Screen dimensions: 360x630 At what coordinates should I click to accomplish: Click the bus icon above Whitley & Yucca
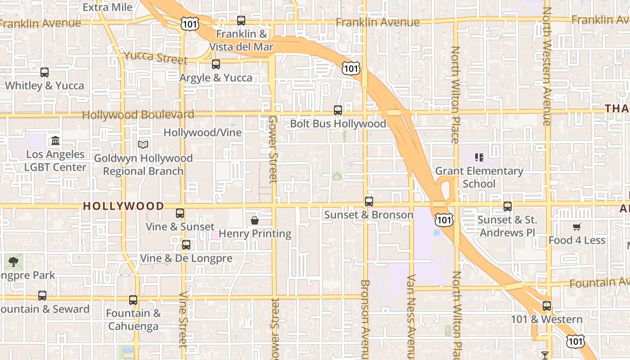click(x=44, y=72)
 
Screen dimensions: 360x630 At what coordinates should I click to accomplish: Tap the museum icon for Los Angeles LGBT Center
click(x=55, y=141)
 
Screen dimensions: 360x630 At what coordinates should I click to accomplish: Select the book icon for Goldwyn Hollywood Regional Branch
click(x=143, y=144)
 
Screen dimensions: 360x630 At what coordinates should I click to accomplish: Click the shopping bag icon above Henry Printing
click(x=255, y=220)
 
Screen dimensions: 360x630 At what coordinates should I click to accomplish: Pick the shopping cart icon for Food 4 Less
click(x=576, y=227)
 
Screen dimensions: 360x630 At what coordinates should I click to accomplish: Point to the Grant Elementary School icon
click(x=479, y=157)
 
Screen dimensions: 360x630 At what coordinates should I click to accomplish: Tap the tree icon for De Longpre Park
click(x=13, y=261)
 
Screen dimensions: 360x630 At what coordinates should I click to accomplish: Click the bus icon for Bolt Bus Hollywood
click(x=337, y=110)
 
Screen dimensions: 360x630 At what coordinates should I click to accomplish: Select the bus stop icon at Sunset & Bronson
click(x=369, y=201)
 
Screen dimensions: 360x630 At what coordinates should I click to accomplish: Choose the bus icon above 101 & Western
click(x=546, y=306)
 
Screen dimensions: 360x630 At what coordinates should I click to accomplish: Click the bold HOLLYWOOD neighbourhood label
click(x=124, y=206)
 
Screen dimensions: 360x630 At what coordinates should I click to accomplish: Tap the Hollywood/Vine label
click(x=202, y=133)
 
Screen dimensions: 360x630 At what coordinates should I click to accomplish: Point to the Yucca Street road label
click(x=155, y=57)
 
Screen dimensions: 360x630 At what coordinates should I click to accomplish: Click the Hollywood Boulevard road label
click(x=138, y=115)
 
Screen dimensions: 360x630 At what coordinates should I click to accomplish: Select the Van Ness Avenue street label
click(x=410, y=315)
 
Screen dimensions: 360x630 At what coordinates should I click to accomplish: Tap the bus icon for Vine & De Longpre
click(x=186, y=245)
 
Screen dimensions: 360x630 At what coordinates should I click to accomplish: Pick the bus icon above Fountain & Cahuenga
click(x=133, y=300)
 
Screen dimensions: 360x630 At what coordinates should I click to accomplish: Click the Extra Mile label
click(x=108, y=7)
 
